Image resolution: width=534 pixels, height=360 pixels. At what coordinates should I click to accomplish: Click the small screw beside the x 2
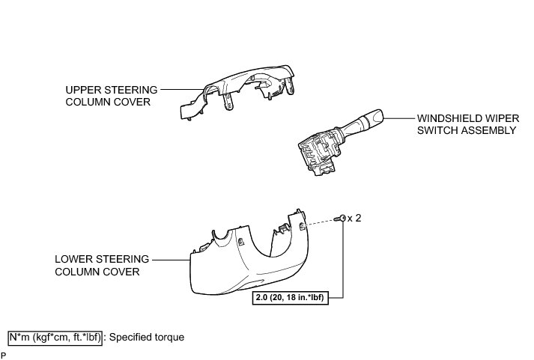click(x=342, y=218)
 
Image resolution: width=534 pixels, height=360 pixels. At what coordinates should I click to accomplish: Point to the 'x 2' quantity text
click(x=355, y=218)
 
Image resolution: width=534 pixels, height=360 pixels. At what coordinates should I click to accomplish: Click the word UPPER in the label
click(x=81, y=89)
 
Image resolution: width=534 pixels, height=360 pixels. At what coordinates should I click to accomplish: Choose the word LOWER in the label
click(x=73, y=259)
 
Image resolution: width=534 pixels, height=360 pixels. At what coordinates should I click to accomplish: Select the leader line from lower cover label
click(x=171, y=259)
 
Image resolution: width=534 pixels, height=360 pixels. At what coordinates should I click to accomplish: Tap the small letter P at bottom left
click(x=4, y=356)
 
